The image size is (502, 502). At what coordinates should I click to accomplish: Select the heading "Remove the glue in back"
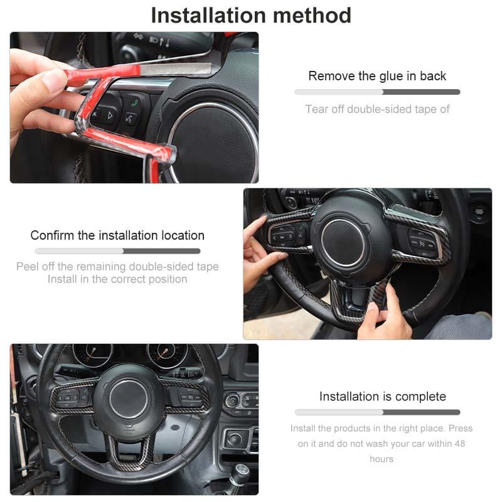pos(377,76)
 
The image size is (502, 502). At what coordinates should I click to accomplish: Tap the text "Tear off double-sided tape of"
pos(377,109)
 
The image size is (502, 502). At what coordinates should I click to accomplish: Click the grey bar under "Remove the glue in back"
pos(377,92)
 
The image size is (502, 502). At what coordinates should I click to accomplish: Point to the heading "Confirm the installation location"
pos(117,235)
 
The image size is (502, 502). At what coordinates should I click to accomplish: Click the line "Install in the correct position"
pos(117,279)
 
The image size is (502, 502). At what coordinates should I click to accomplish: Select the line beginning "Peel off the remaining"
pos(117,267)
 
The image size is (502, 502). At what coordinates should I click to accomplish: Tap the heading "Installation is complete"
pos(382,397)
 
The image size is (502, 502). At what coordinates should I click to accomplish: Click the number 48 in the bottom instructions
pos(459,444)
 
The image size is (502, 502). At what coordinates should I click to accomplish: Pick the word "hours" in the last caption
pos(382,459)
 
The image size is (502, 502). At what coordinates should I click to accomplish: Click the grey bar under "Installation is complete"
pos(377,412)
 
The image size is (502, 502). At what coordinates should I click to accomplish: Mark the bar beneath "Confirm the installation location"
pos(117,251)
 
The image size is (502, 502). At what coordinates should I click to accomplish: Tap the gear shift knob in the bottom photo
pos(240,473)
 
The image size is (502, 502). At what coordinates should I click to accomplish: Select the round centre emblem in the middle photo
pos(343,242)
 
